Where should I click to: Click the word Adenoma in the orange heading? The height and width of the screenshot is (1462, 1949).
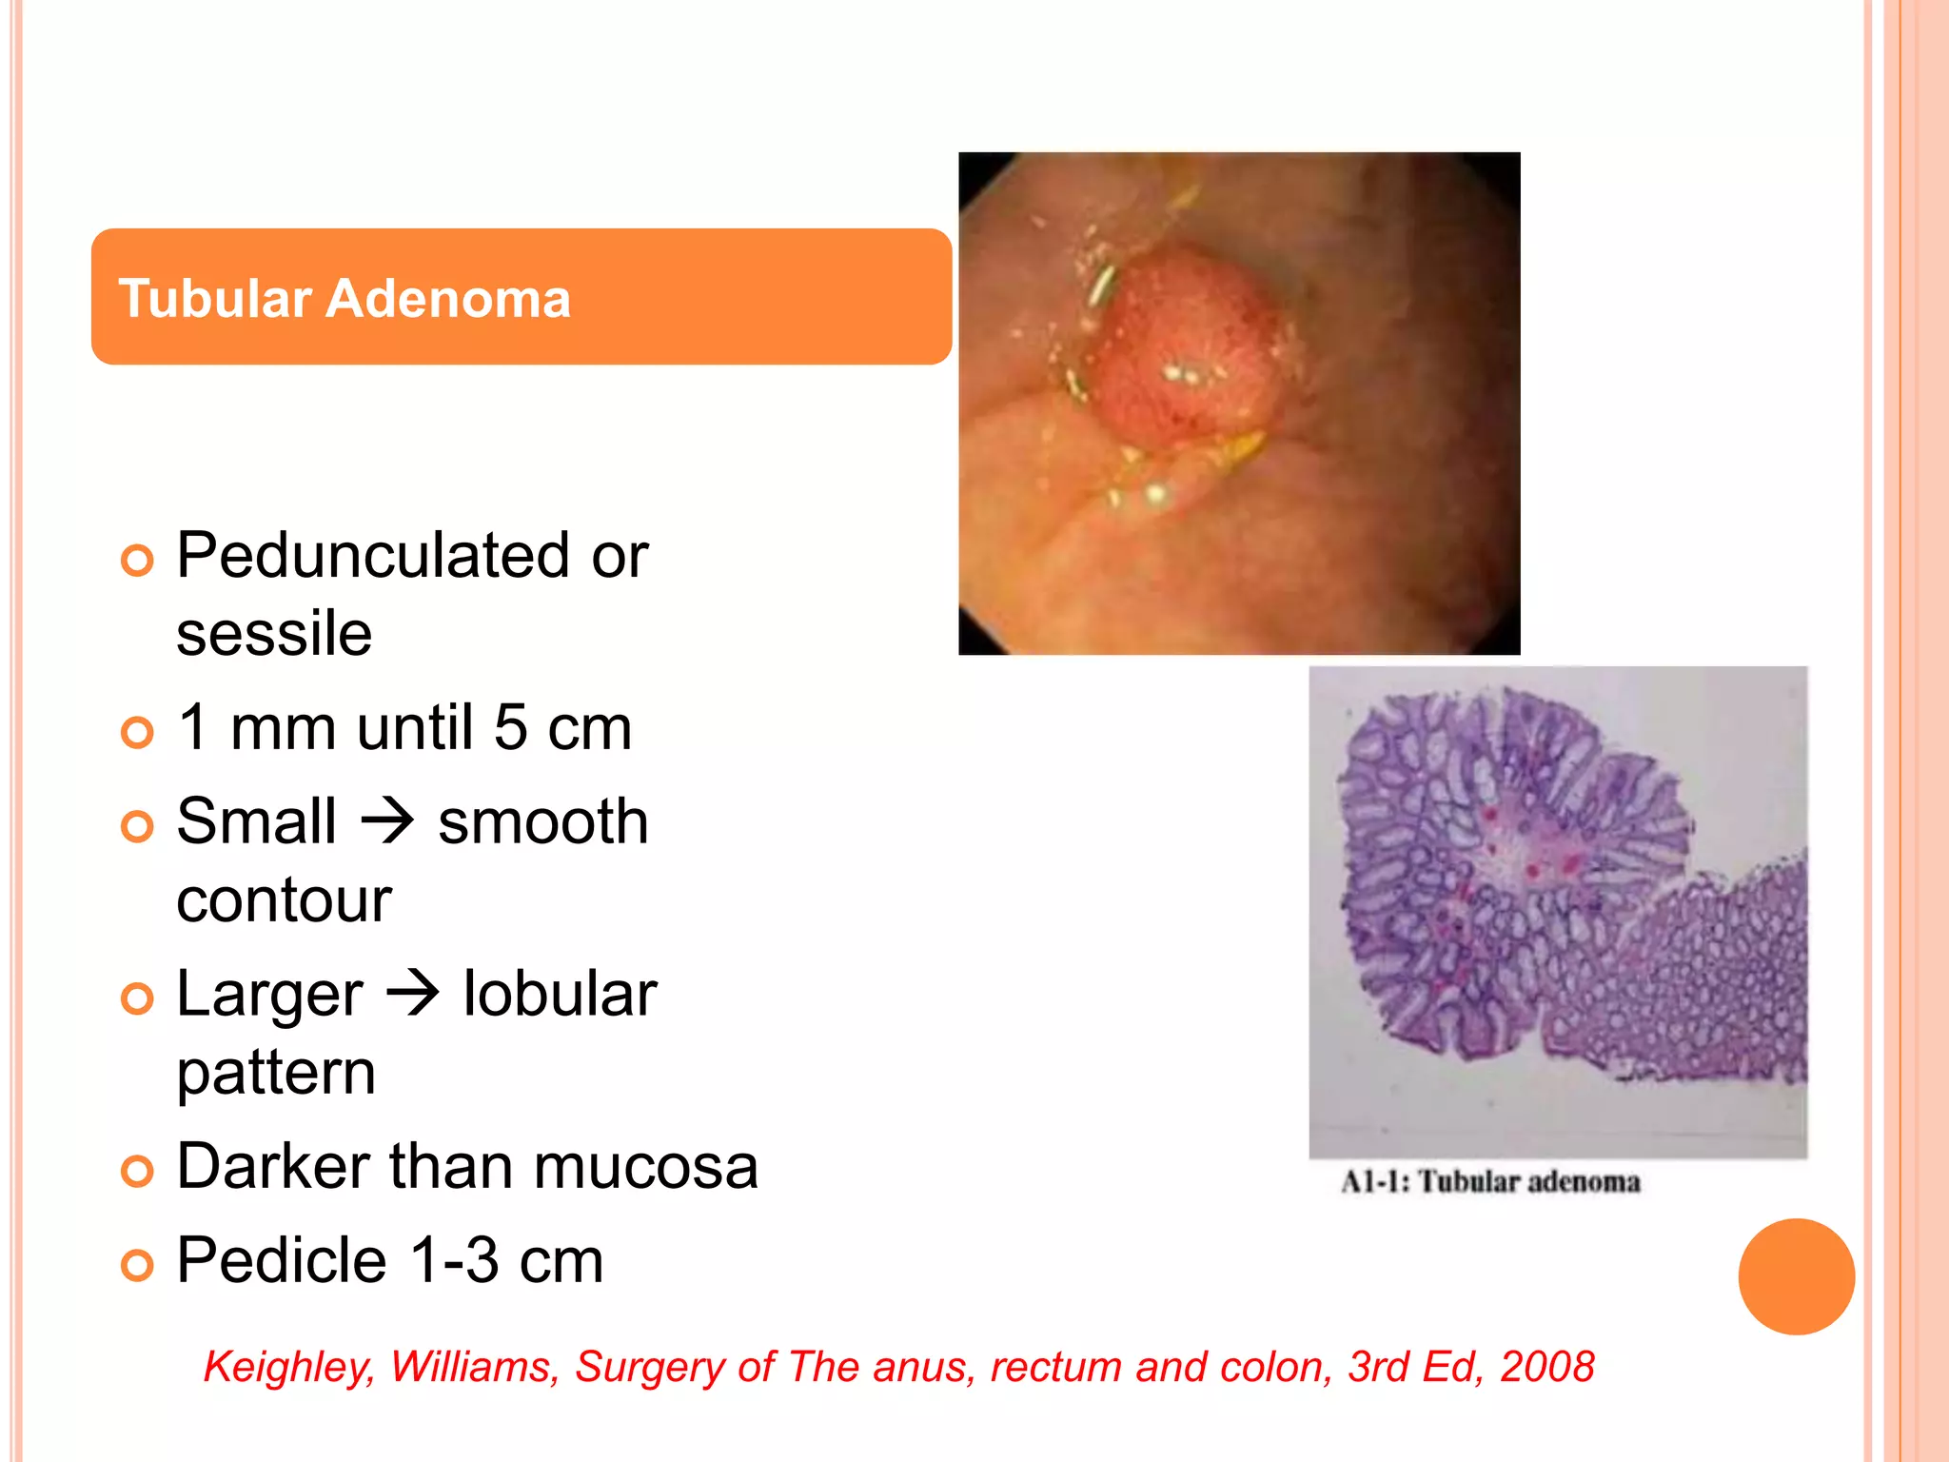pyautogui.click(x=448, y=299)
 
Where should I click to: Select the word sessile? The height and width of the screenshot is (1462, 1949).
pyautogui.click(x=274, y=634)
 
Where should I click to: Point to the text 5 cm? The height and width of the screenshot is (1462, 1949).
pyautogui.click(x=562, y=728)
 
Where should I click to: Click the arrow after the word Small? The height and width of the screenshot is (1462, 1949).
pyautogui.click(x=387, y=821)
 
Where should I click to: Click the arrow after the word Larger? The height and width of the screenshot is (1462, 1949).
pyautogui.click(x=413, y=994)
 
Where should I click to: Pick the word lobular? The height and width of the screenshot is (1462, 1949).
pyautogui.click(x=560, y=994)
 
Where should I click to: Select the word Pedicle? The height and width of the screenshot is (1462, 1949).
pyautogui.click(x=282, y=1260)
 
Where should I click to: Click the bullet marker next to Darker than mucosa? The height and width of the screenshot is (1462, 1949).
pyautogui.click(x=138, y=1171)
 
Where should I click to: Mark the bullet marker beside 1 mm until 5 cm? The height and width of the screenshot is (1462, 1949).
pyautogui.click(x=138, y=732)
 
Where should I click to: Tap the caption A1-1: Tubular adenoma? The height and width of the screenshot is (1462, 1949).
pyautogui.click(x=1490, y=1182)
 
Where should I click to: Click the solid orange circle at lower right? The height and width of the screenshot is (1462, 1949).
pyautogui.click(x=1796, y=1276)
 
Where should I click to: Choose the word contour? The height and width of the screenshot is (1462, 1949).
pyautogui.click(x=284, y=900)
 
